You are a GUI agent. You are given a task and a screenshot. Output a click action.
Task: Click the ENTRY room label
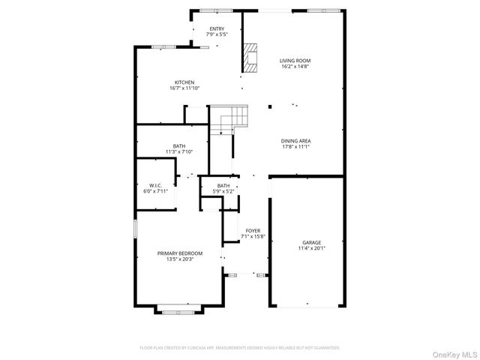coord(216,28)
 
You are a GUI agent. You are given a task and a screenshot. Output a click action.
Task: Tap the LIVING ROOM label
coord(295,61)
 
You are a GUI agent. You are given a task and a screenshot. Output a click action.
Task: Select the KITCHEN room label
coord(184,82)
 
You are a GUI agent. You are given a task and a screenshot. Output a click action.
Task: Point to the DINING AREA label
coord(295,141)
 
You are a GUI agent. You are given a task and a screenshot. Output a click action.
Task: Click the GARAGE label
coord(311,242)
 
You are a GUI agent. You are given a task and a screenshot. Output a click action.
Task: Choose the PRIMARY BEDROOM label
coord(179,253)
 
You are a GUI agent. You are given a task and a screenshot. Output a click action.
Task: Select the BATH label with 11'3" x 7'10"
coord(179,146)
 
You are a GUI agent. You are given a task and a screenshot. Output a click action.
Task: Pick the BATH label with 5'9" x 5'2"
coord(223,186)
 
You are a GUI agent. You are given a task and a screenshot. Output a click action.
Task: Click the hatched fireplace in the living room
coord(250,56)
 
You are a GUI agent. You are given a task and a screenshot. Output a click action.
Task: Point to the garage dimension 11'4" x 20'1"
coord(311,248)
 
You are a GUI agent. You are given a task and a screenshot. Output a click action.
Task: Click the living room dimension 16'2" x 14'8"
coord(295,67)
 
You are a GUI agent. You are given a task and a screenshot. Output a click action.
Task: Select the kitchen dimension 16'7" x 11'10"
coord(184,88)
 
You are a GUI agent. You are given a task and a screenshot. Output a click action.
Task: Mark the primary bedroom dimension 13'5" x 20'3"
coord(179,259)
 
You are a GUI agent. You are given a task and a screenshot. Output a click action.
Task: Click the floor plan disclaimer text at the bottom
coord(240,348)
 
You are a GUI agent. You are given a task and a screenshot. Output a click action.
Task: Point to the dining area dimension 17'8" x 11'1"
coord(295,147)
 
